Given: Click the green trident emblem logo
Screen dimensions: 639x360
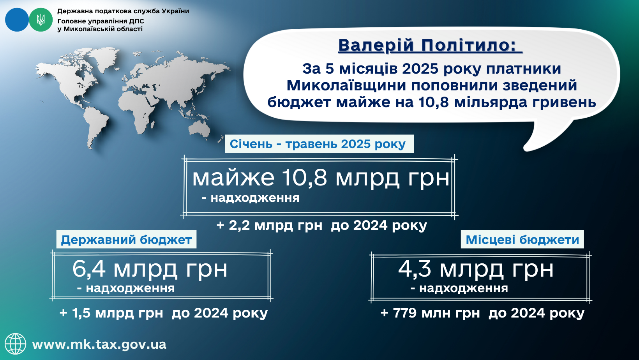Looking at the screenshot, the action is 41,20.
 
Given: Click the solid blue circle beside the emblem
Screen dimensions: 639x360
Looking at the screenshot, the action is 17,20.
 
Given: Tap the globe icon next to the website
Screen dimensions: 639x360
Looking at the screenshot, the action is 16,344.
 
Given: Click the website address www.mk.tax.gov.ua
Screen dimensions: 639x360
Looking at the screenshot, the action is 99,344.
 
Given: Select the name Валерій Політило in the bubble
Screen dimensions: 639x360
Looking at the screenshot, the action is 430,45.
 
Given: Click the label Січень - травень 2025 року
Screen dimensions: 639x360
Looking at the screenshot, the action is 318,144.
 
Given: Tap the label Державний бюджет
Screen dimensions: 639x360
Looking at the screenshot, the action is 126,240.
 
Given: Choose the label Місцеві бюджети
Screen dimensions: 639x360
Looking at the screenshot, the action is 522,240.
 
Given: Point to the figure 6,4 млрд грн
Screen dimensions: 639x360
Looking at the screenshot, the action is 150,269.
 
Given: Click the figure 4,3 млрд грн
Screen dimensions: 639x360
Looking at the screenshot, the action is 476,269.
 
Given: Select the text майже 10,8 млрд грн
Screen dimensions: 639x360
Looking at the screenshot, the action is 321,178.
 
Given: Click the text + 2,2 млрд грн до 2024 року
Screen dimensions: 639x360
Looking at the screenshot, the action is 322,225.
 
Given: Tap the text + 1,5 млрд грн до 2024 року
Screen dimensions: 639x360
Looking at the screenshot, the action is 164,313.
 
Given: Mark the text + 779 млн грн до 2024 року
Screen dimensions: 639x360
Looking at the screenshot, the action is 482,313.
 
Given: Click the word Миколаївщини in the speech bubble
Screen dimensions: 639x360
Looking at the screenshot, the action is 346,86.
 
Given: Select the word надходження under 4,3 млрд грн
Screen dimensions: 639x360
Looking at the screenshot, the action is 464,288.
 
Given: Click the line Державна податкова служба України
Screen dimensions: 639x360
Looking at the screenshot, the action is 123,11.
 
